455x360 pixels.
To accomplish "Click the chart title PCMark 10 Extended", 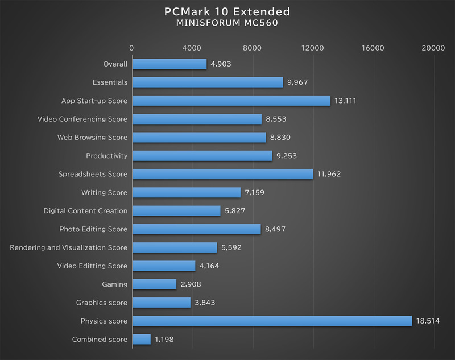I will pos(227,11).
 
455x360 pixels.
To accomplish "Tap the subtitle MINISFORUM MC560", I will pos(227,24).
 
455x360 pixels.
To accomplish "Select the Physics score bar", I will pos(272,321).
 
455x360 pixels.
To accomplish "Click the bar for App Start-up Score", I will pos(231,101).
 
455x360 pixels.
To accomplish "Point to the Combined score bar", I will pos(141,340).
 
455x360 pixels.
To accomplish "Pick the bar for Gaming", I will pos(154,284).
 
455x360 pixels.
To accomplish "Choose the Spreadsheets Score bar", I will pos(222,174).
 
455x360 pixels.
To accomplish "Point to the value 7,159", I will pos(255,193).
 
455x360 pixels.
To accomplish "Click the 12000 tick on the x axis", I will pos(313,48).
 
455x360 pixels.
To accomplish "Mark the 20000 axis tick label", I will pos(433,48).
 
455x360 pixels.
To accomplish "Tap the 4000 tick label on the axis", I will pos(192,48).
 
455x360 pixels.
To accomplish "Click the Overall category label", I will pos(115,64).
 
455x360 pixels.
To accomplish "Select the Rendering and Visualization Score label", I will pos(69,248).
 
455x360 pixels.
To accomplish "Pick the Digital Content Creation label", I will pos(86,211).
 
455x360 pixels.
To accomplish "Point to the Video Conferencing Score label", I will pos(82,119).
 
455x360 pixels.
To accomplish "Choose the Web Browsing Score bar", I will pos(199,138).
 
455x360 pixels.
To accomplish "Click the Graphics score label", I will pos(102,303).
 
